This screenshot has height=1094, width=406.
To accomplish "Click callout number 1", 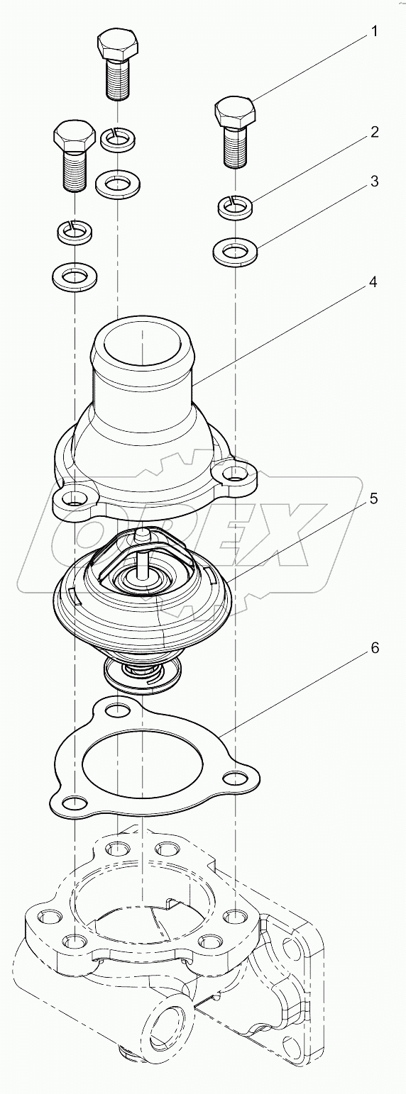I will pyautogui.click(x=373, y=32).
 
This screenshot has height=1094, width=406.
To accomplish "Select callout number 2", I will pyautogui.click(x=373, y=132).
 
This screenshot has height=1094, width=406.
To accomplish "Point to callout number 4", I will pyautogui.click(x=373, y=282).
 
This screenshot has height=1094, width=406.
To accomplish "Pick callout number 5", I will pyautogui.click(x=373, y=498).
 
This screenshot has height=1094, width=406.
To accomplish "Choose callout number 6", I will pyautogui.click(x=373, y=647).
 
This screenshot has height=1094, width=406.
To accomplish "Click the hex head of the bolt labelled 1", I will pyautogui.click(x=235, y=112).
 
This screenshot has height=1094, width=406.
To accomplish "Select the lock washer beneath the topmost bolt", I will pyautogui.click(x=117, y=139).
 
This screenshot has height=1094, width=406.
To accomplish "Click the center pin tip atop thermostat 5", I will pyautogui.click(x=143, y=531).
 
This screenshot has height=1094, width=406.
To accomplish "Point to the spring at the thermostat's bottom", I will pyautogui.click(x=143, y=671).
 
